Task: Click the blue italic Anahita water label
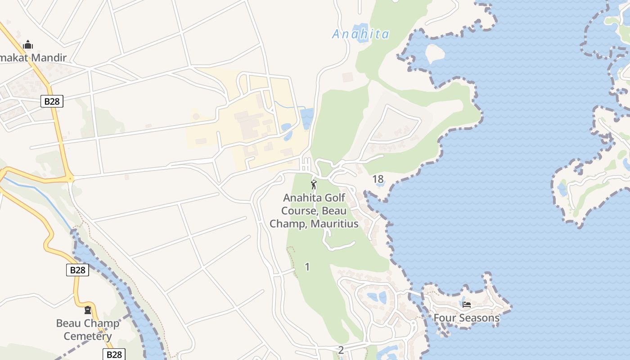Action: (x=360, y=34)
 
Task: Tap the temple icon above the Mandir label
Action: (x=28, y=45)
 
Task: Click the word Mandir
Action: (x=45, y=58)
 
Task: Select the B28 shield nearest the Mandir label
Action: (x=52, y=101)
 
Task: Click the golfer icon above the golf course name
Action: (x=314, y=184)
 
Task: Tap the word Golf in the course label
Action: (x=337, y=198)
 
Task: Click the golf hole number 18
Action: (x=378, y=179)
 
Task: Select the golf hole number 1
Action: (x=307, y=267)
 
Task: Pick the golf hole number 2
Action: (x=341, y=350)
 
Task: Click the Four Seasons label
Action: (x=466, y=318)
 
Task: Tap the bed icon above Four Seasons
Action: (x=467, y=305)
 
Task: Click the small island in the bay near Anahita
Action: (x=434, y=54)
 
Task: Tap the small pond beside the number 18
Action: (x=380, y=183)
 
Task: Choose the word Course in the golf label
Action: (x=296, y=211)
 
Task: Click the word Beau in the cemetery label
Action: (x=68, y=323)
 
